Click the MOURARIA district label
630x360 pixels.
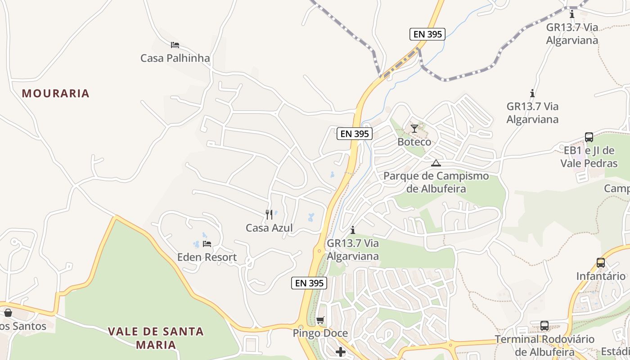(x=56, y=94)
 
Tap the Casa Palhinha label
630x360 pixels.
(x=175, y=58)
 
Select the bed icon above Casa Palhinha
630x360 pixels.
(x=175, y=45)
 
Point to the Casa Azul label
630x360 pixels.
(x=269, y=228)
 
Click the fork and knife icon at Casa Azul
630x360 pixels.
(x=269, y=215)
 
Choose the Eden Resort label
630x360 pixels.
(x=207, y=257)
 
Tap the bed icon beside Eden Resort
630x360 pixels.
(x=207, y=244)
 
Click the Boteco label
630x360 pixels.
(x=414, y=142)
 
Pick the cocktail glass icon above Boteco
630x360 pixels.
(x=414, y=129)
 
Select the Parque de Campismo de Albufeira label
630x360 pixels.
(x=436, y=182)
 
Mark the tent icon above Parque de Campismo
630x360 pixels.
(x=436, y=163)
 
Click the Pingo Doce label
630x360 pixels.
(x=320, y=333)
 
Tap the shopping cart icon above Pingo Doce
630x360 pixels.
(x=320, y=320)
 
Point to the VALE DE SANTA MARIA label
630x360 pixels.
(x=156, y=338)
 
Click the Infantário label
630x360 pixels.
(x=601, y=276)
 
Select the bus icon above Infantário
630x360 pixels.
(x=600, y=263)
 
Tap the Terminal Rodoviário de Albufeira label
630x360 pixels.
(x=544, y=345)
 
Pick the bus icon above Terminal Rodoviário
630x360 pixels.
(x=544, y=326)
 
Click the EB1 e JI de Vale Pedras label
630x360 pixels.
(x=589, y=157)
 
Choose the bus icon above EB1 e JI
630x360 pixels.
(x=589, y=137)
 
